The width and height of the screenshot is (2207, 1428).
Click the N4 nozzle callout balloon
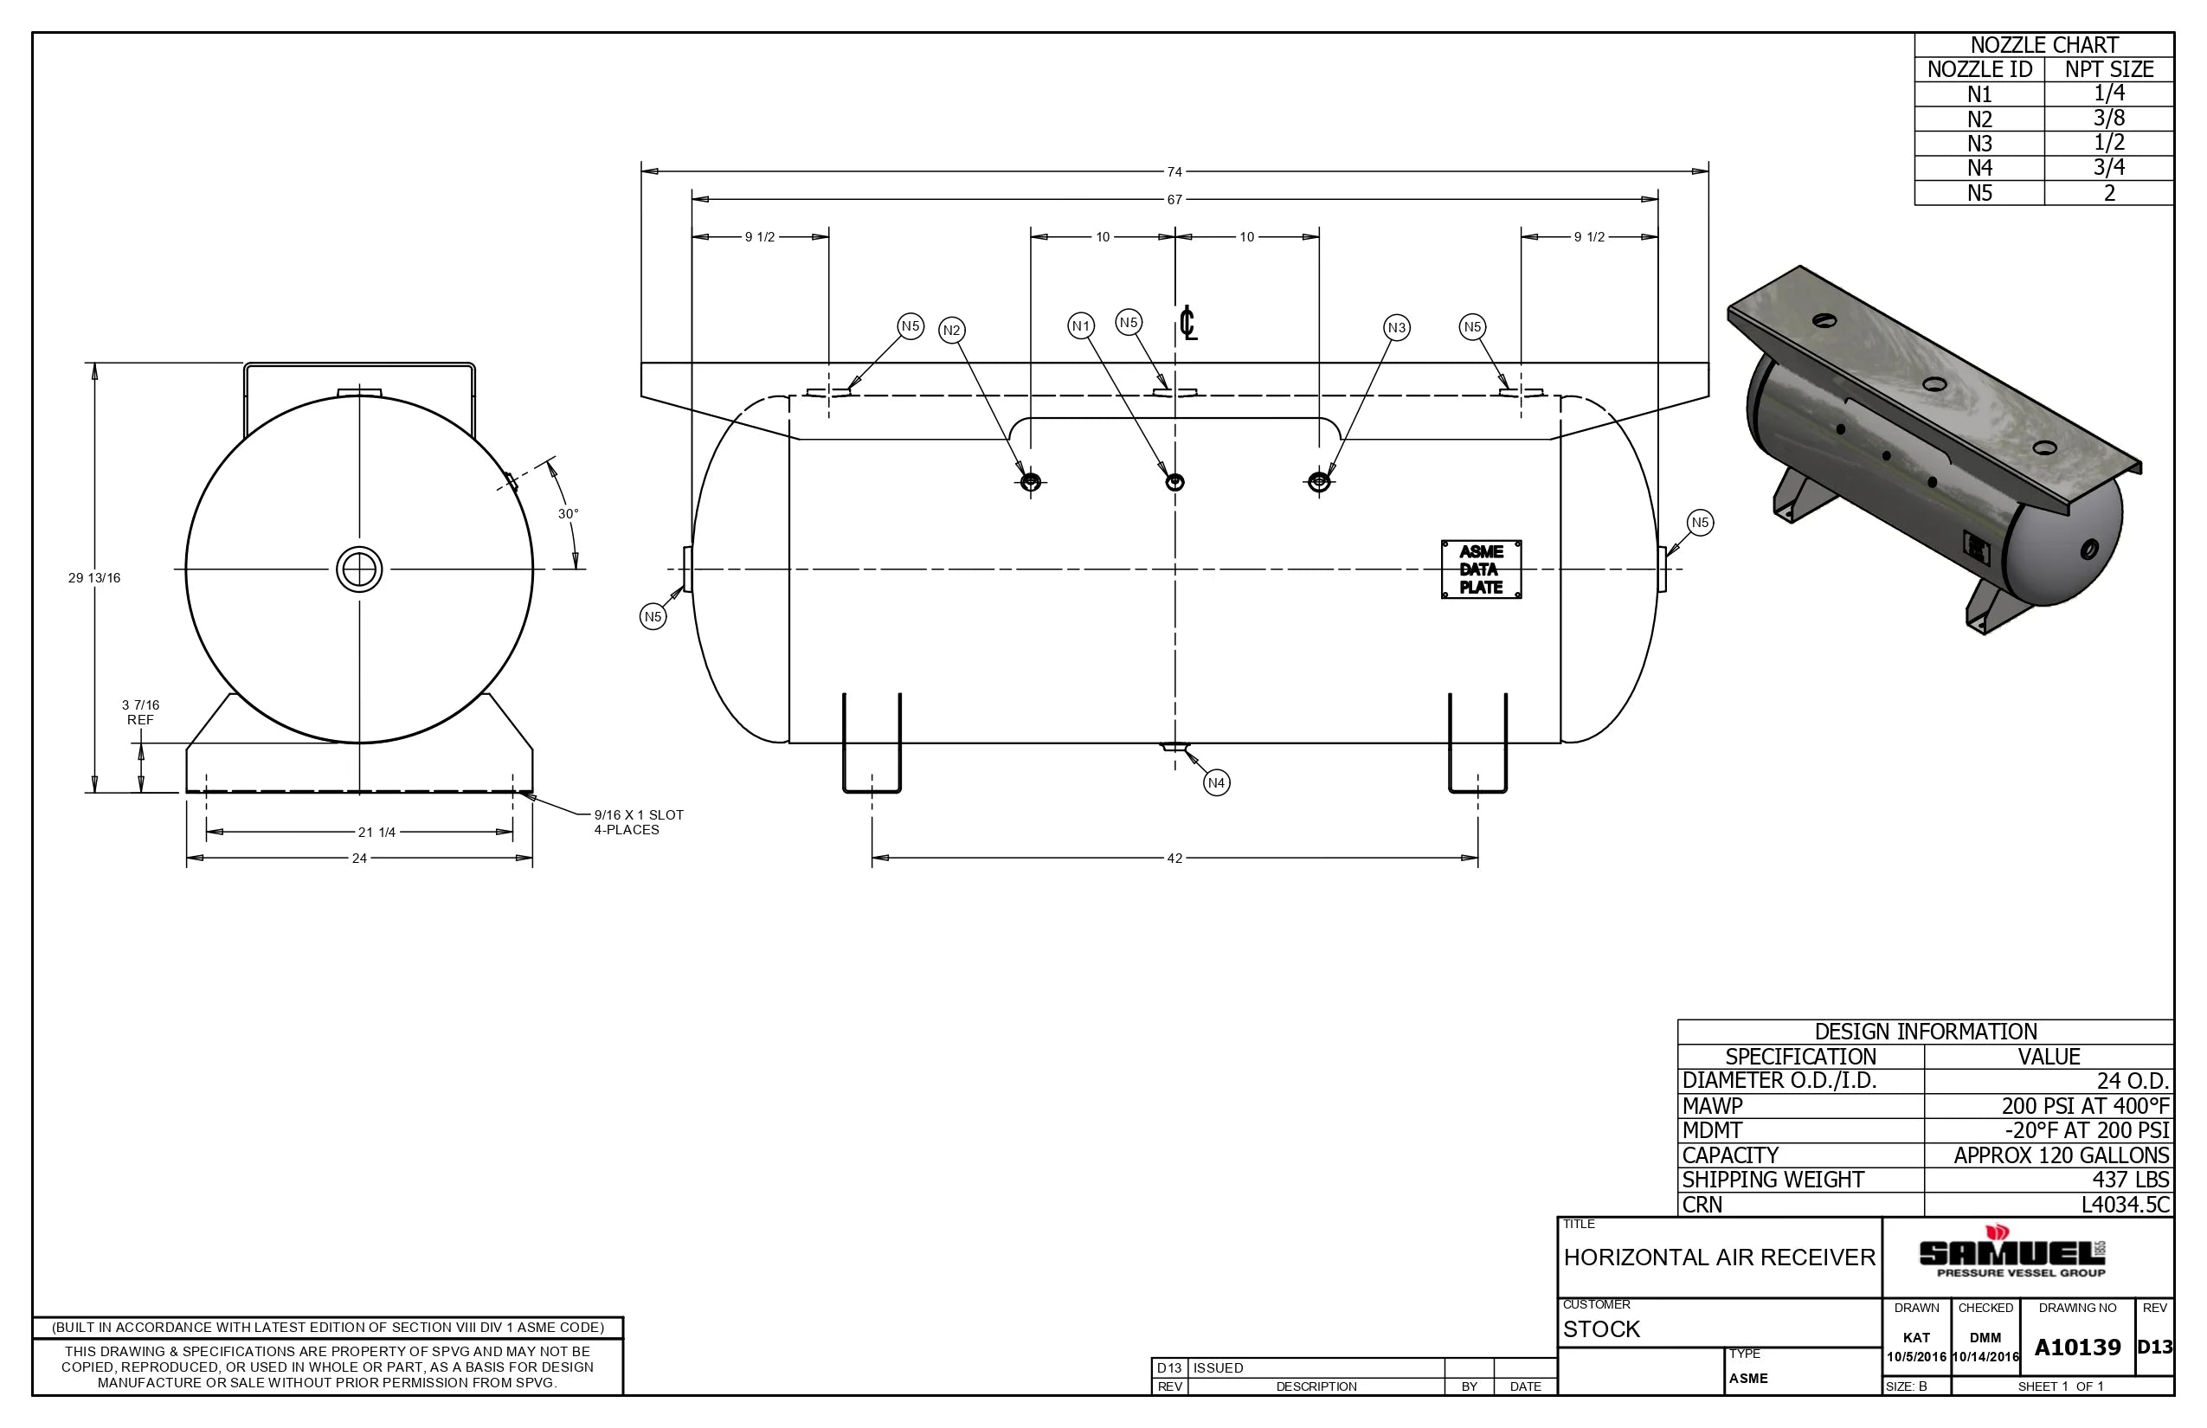click(x=1216, y=782)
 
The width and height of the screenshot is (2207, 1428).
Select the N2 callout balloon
click(x=951, y=330)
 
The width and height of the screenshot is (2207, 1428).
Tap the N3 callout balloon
click(x=1397, y=327)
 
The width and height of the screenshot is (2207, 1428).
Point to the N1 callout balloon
click(x=1080, y=325)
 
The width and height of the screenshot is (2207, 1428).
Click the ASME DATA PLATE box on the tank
click(x=1481, y=569)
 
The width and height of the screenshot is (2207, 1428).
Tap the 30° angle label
click(x=568, y=514)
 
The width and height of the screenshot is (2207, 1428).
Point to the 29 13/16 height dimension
click(x=93, y=578)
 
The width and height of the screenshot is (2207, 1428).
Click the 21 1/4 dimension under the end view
click(x=376, y=833)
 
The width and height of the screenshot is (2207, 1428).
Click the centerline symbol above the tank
click(x=1187, y=324)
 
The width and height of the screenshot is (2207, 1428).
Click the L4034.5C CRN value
click(x=2125, y=1205)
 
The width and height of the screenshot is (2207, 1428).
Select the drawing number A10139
click(x=2077, y=1348)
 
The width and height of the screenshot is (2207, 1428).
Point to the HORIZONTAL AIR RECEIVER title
click(x=1718, y=1258)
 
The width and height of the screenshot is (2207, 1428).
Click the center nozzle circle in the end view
click(x=359, y=569)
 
